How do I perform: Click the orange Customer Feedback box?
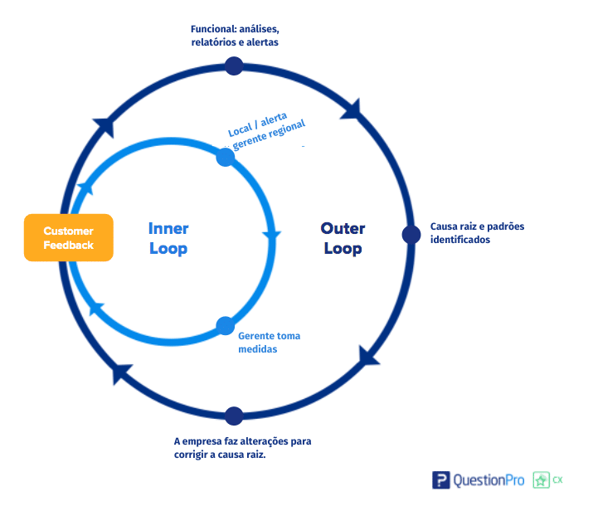[x=69, y=237]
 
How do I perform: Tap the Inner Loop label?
[x=168, y=238]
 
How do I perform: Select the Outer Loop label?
[x=343, y=238]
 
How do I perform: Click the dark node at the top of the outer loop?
[x=234, y=66]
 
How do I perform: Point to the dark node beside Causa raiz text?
[x=411, y=235]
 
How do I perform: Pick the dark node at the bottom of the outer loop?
[x=234, y=416]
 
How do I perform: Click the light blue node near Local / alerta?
[x=226, y=157]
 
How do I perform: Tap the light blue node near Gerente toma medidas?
[x=226, y=326]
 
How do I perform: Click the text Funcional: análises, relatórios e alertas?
[x=235, y=36]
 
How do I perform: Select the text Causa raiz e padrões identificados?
[x=477, y=233]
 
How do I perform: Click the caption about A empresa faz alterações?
[x=242, y=448]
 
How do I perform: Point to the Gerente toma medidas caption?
[x=270, y=343]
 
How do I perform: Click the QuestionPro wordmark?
[x=488, y=480]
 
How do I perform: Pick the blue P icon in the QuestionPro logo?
[x=441, y=480]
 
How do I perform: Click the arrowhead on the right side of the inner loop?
[x=271, y=236]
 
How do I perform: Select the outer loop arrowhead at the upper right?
[x=351, y=109]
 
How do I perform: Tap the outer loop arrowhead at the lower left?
[x=121, y=373]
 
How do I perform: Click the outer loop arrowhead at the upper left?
[x=104, y=127]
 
